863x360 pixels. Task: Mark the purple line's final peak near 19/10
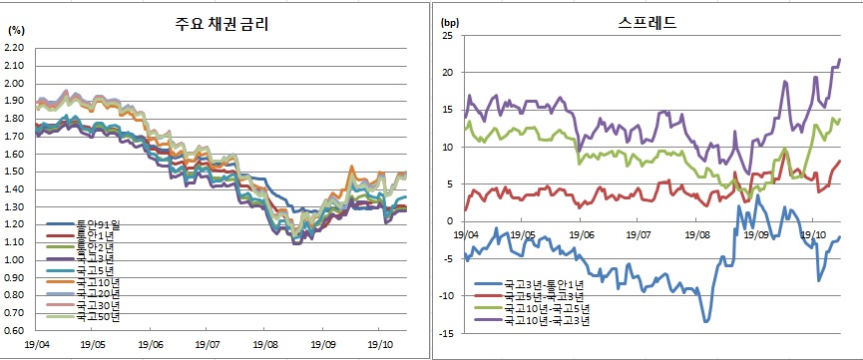(x=839, y=60)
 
